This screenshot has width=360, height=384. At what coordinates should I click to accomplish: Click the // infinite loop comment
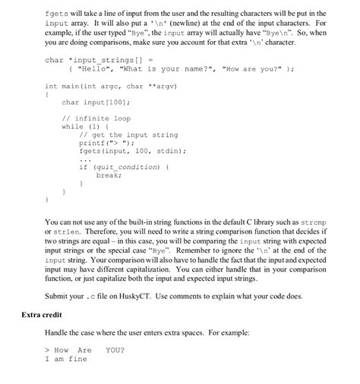(96, 118)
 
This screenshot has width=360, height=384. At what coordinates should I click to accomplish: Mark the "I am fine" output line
(66, 358)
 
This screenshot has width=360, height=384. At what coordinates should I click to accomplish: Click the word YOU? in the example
(115, 350)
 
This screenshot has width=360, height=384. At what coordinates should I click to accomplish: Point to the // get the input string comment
(128, 134)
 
